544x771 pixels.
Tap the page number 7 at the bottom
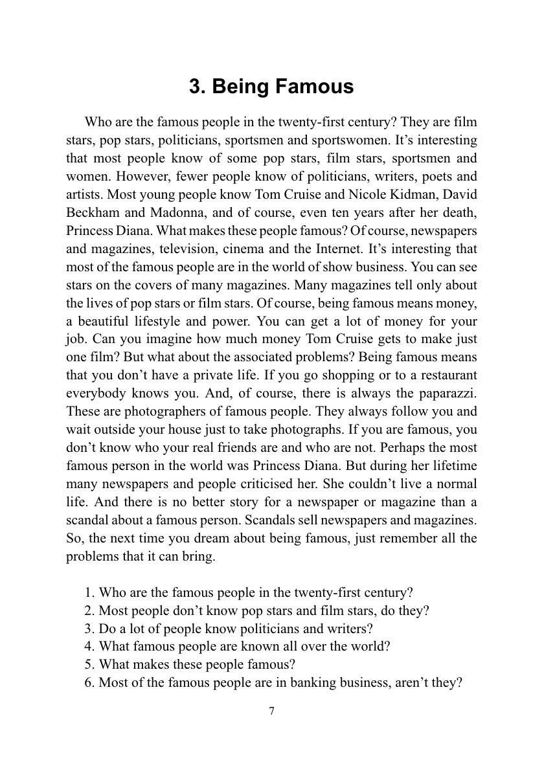tap(271, 711)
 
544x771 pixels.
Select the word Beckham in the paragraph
tap(91, 212)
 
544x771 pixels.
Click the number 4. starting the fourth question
tap(90, 646)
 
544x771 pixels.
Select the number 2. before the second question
tap(90, 610)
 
